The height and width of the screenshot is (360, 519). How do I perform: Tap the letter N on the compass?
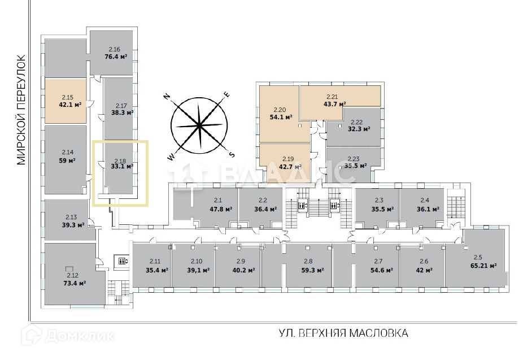pyautogui.click(x=167, y=97)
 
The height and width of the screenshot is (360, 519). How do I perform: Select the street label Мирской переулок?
pyautogui.click(x=21, y=110)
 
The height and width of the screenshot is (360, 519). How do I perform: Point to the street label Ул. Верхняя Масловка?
pyautogui.click(x=343, y=333)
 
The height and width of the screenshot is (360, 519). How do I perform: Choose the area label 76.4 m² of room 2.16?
pyautogui.click(x=115, y=57)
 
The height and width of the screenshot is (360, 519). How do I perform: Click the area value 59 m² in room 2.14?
pyautogui.click(x=67, y=161)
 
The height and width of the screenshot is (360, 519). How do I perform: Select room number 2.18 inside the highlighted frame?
pyautogui.click(x=119, y=161)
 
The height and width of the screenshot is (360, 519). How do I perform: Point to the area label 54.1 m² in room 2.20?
pyautogui.click(x=281, y=117)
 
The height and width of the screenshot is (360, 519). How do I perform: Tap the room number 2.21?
pyautogui.click(x=332, y=97)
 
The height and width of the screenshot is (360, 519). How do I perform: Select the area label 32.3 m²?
pyautogui.click(x=357, y=129)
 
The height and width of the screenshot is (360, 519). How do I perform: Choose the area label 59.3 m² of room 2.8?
pyautogui.click(x=312, y=270)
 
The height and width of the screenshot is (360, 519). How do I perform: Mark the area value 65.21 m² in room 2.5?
pyautogui.click(x=484, y=266)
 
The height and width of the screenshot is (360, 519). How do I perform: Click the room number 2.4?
pyautogui.click(x=425, y=201)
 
